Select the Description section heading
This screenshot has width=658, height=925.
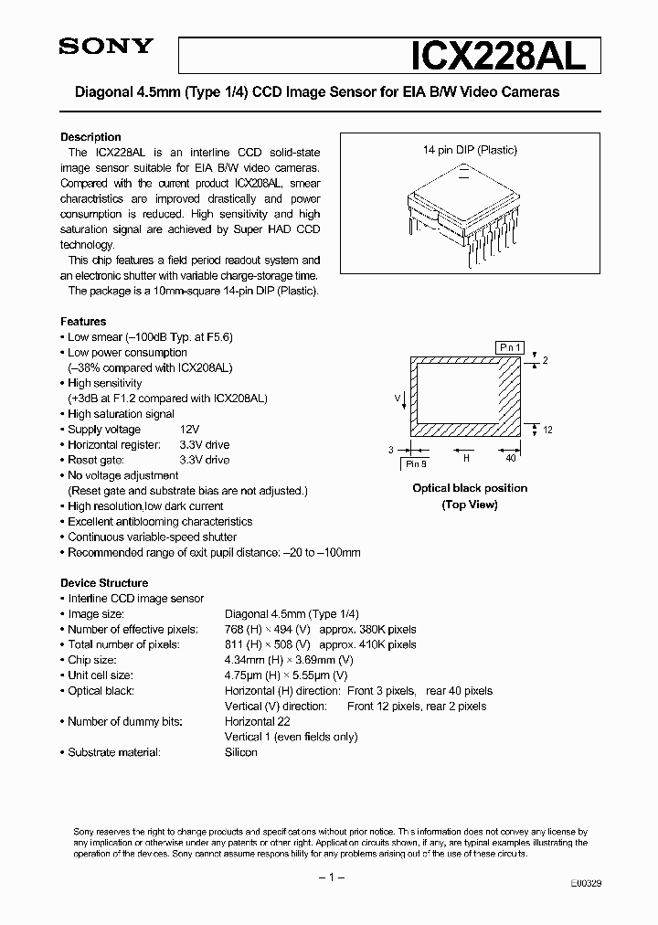tap(90, 137)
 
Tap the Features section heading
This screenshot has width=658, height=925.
tap(83, 322)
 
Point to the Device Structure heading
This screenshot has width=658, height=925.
tap(104, 583)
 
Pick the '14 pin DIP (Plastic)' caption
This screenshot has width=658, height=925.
tap(469, 150)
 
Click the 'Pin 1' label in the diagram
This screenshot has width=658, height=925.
tap(508, 347)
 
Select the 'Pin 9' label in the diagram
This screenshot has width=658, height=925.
tap(416, 463)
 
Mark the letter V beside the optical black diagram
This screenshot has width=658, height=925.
tap(398, 398)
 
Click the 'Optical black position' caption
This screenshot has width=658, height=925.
tap(470, 488)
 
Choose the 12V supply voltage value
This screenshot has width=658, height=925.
tap(190, 430)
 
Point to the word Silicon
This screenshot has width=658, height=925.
tap(241, 752)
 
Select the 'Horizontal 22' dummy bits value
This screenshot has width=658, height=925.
tap(258, 721)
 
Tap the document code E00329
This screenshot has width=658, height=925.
tap(585, 885)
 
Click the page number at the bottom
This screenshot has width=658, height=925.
tap(329, 877)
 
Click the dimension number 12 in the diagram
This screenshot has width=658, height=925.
tap(547, 430)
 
